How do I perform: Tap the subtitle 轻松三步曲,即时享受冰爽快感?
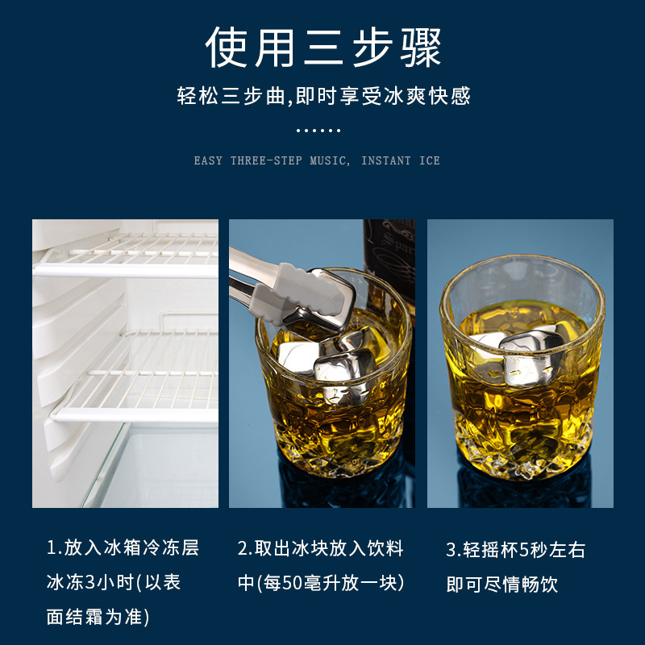coord(322,97)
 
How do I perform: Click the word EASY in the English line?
coord(208,160)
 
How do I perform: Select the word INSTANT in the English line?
coord(387,160)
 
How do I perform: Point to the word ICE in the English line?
coord(430,160)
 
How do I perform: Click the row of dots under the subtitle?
coord(318,130)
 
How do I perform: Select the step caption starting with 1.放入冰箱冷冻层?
coord(123,548)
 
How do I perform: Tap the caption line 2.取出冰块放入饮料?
coord(320,548)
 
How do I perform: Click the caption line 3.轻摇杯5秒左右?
coord(516,550)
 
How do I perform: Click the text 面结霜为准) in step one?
coord(97,617)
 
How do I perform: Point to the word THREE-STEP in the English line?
coord(266,160)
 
